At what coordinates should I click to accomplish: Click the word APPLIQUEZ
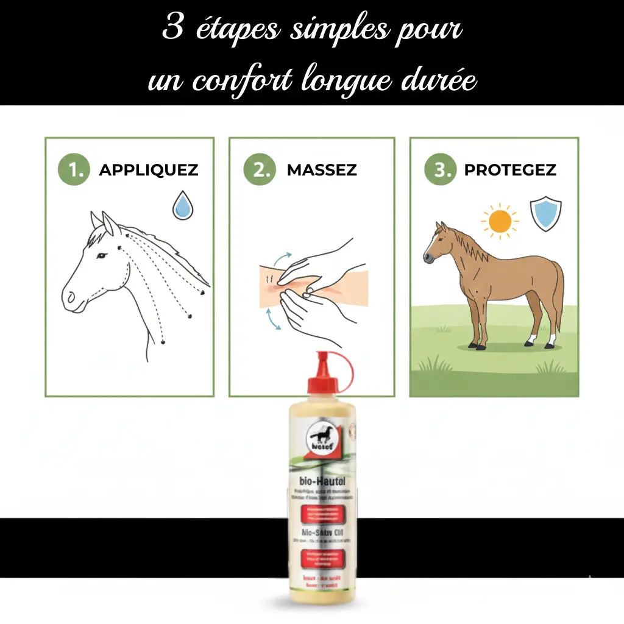[149, 170]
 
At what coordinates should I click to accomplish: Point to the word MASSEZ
[322, 170]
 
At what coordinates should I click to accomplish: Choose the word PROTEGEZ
[510, 170]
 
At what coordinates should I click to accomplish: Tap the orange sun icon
[500, 221]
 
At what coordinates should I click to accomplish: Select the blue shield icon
[545, 213]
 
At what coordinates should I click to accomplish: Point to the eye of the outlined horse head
[101, 255]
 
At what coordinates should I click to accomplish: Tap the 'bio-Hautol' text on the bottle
[319, 483]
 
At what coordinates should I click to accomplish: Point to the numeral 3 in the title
[174, 29]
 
